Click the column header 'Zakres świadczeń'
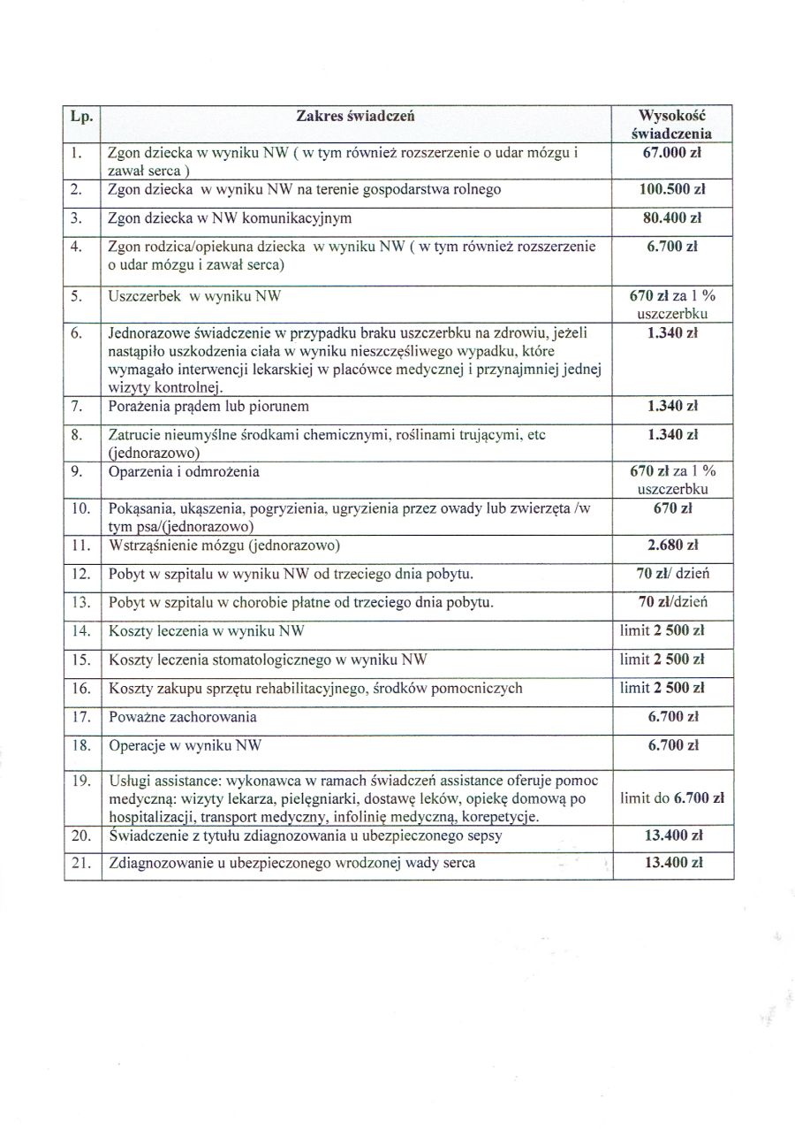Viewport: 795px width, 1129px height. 356,116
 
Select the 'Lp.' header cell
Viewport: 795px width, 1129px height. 81,116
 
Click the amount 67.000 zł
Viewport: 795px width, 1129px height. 672,152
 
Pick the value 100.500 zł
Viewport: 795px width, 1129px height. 672,189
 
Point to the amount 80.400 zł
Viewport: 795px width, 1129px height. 672,217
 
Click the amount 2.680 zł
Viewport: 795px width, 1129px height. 672,545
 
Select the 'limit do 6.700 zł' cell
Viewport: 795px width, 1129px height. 672,797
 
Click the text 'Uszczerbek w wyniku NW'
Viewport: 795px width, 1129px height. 194,297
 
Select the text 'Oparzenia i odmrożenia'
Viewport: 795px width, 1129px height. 184,471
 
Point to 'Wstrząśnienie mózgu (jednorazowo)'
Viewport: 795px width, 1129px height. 224,545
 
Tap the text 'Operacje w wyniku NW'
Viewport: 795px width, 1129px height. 185,746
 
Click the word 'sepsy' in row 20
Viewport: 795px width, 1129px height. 511,835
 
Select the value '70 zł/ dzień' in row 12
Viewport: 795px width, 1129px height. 672,574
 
